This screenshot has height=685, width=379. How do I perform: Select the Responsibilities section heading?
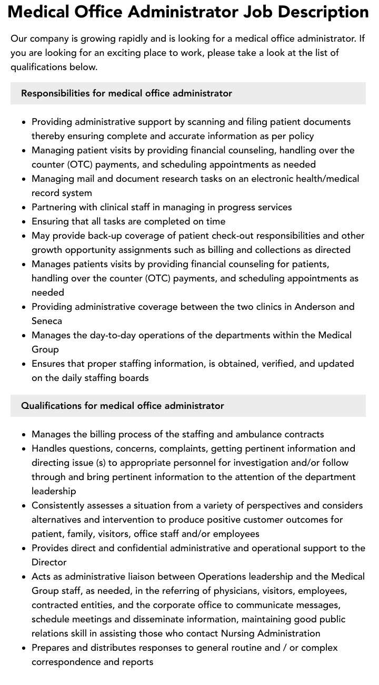[x=126, y=93]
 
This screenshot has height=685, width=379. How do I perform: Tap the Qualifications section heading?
[x=122, y=406]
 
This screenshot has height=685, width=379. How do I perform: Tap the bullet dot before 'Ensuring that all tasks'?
[x=24, y=222]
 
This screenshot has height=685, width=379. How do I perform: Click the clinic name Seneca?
[x=47, y=321]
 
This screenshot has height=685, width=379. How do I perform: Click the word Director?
[x=49, y=562]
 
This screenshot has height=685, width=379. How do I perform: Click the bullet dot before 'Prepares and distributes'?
[x=24, y=648]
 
